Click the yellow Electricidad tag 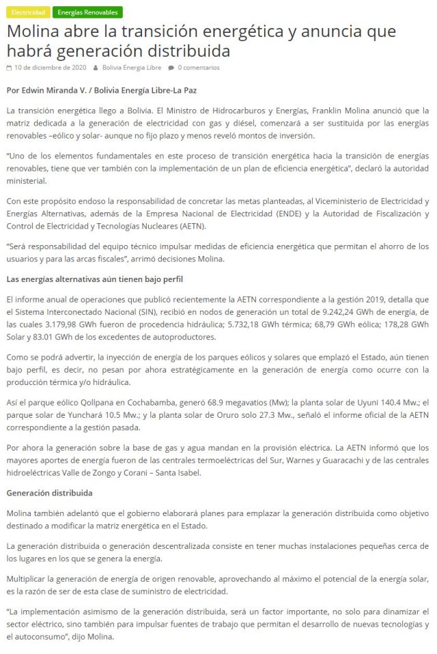[27, 12]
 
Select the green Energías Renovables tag [87, 12]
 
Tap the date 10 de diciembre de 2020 [46, 68]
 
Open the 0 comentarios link [199, 68]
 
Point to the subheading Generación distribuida [49, 492]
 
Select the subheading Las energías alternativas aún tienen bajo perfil [94, 279]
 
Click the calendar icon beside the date [9, 68]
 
